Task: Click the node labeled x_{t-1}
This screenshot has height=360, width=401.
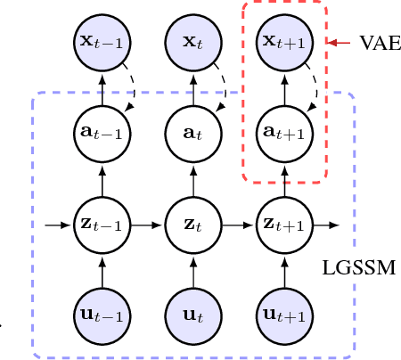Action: pyautogui.click(x=100, y=42)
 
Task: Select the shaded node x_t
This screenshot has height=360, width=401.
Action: pyautogui.click(x=192, y=42)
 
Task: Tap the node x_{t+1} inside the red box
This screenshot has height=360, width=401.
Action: pyautogui.click(x=284, y=42)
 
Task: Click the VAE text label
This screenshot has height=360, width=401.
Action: pyautogui.click(x=378, y=42)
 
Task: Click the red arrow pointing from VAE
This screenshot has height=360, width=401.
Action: pyautogui.click(x=340, y=42)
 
